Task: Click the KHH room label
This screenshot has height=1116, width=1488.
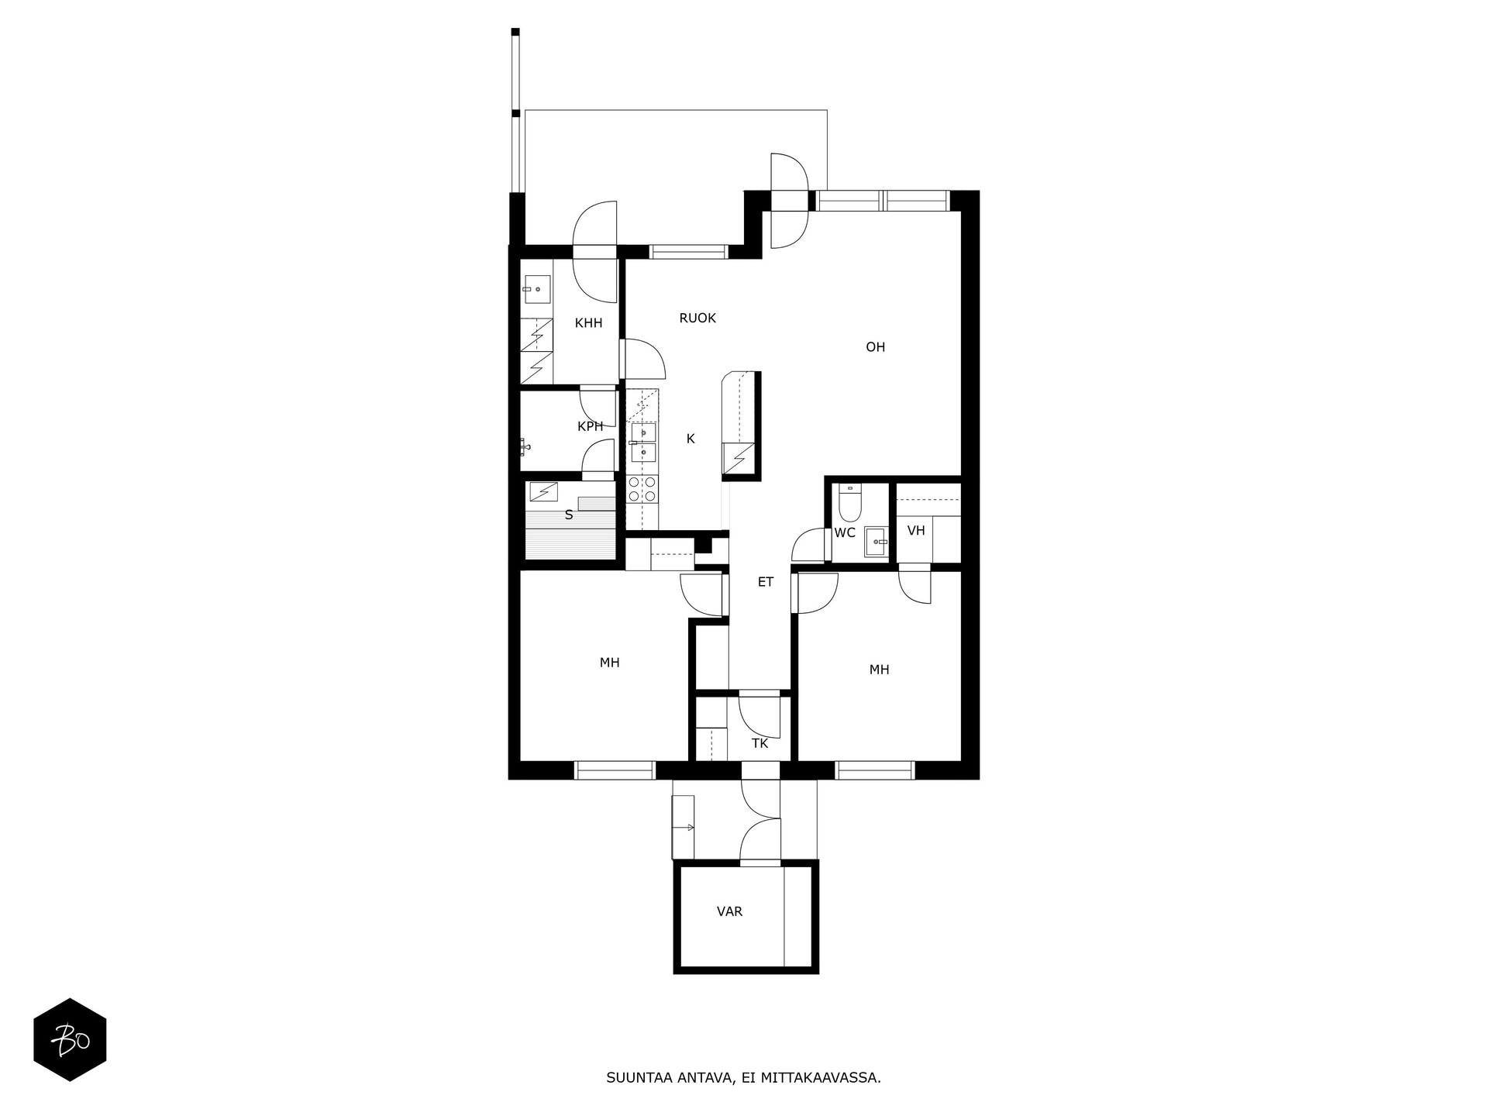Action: coord(588,323)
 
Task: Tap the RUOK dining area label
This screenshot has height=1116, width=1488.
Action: coord(697,318)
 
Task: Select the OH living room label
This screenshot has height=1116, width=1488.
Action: coord(875,347)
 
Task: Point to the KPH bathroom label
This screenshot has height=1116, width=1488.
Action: coord(591,426)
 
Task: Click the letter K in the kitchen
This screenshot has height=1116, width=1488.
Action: coord(691,439)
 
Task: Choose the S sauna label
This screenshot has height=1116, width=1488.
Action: coord(569,515)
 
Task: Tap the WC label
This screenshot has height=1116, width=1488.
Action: coord(845,532)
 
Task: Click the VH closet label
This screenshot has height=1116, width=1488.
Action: coord(916,531)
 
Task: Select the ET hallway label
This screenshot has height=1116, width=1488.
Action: coord(766,582)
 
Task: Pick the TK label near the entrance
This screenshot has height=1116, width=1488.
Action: coord(759,743)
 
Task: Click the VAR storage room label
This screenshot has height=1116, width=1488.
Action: coord(729,911)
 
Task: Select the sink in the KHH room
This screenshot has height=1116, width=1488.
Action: coord(537,289)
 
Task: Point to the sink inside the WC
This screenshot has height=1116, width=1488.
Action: coord(877,542)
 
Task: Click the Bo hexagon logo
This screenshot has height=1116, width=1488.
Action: coord(70,1039)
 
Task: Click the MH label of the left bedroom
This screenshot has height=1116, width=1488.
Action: coord(609,663)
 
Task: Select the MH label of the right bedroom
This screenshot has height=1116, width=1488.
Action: coord(879,670)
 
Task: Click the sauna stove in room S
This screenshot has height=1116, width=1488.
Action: coord(544,490)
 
